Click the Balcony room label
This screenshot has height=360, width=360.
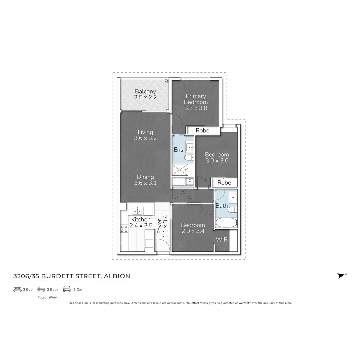click(145, 92)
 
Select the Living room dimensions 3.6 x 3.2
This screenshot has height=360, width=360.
click(145, 138)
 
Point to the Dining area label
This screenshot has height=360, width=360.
click(145, 177)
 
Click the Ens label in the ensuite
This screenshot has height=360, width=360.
click(178, 150)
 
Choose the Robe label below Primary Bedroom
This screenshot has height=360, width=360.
click(202, 130)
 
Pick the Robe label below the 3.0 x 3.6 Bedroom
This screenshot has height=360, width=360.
click(224, 183)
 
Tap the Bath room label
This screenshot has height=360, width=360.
click(221, 206)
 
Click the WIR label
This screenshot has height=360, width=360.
click(222, 240)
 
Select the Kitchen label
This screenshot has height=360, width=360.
click(141, 220)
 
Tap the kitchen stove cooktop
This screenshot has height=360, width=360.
click(124, 229)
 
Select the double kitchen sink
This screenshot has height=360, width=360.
click(138, 211)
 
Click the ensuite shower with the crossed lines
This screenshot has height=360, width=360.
click(180, 170)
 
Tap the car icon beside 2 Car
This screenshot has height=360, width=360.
click(67, 289)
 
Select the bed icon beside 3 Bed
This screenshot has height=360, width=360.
click(17, 289)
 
